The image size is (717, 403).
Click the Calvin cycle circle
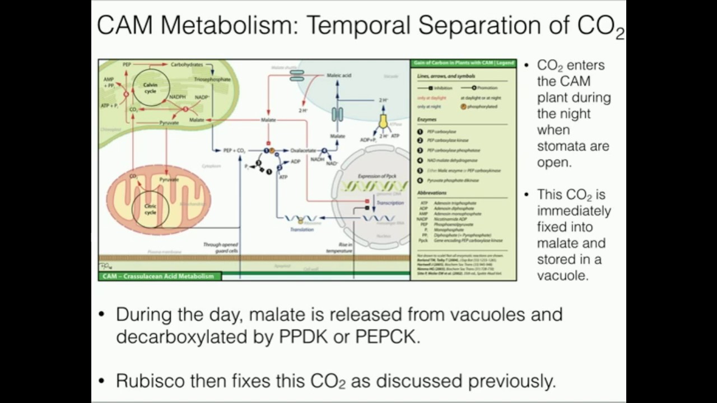click(150, 88)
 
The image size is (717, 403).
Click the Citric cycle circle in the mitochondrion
click(150, 209)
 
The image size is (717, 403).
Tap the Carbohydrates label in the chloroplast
click(187, 65)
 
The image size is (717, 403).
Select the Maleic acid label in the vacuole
click(339, 75)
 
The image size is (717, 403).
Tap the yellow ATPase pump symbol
click(384, 121)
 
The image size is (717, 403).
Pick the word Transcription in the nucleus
click(389, 203)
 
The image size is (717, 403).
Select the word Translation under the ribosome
click(301, 229)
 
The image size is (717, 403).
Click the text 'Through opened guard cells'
click(221, 248)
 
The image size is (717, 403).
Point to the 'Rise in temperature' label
click(342, 248)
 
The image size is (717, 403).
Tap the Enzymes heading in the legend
click(427, 120)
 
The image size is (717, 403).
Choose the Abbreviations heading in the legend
click(432, 193)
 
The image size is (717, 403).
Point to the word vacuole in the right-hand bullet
click(562, 275)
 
